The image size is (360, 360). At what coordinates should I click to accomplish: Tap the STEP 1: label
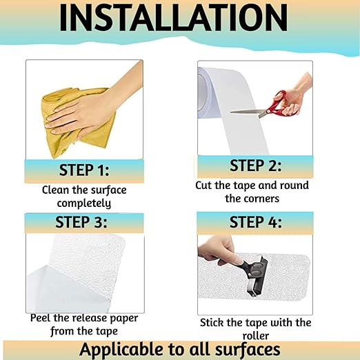pos(84,170)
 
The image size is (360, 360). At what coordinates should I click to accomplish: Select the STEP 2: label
pos(255,165)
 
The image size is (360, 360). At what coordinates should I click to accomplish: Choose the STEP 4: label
pos(255,221)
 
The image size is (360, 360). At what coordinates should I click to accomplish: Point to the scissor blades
pos(249,110)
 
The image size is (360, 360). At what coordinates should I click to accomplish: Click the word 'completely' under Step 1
pos(84,203)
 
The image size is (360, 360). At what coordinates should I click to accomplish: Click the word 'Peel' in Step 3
pos(42,318)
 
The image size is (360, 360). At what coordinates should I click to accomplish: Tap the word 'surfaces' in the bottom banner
pos(244,349)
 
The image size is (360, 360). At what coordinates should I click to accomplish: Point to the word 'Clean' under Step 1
pos(56,190)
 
